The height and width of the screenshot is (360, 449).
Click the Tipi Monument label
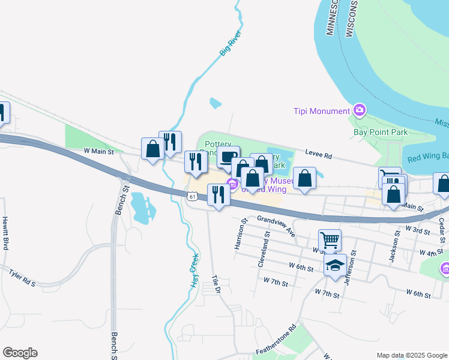[x=321, y=111]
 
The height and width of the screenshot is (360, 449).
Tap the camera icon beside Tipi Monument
[x=360, y=110]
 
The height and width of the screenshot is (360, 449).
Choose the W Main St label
[x=98, y=151]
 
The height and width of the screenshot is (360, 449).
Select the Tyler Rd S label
[x=22, y=278]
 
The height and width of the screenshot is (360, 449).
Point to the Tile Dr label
[x=217, y=284]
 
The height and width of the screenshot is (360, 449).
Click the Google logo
[x=20, y=353]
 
